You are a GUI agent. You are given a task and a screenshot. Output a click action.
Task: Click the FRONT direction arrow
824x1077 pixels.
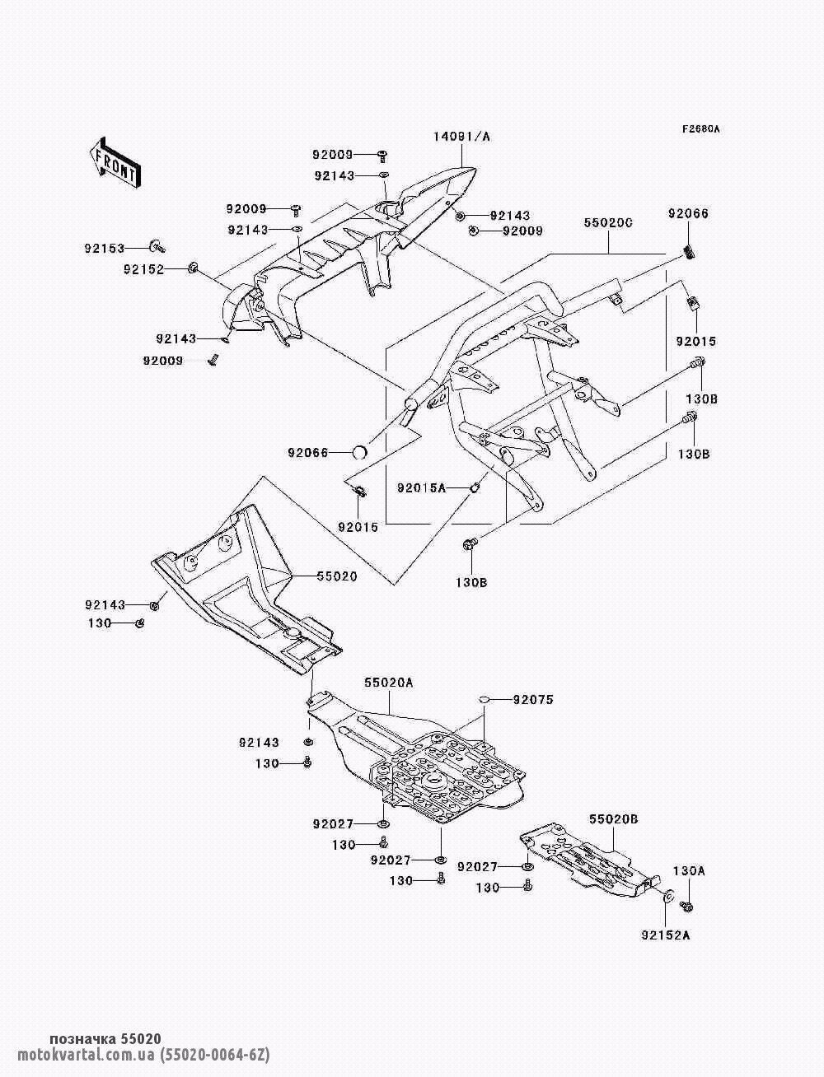(x=115, y=162)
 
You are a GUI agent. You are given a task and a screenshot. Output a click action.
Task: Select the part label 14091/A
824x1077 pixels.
(x=461, y=137)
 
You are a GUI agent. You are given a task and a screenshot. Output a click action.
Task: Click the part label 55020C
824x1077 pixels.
(x=608, y=223)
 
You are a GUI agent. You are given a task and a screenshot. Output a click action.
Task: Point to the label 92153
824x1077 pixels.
(x=104, y=249)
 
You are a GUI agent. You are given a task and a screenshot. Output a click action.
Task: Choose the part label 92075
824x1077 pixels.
(x=533, y=699)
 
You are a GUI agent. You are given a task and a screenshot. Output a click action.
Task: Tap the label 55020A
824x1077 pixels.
(x=389, y=683)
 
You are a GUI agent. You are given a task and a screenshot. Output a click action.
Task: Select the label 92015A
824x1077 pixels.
(x=422, y=488)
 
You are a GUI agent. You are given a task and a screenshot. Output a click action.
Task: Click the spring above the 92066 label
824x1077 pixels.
(x=690, y=253)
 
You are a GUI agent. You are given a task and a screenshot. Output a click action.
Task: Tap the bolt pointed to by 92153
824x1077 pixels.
(x=157, y=246)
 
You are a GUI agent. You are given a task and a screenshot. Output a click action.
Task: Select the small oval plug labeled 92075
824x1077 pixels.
(x=484, y=699)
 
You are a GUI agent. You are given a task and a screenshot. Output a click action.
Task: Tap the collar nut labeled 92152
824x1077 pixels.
(x=193, y=268)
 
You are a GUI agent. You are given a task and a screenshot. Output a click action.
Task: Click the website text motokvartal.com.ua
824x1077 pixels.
(x=87, y=1054)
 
